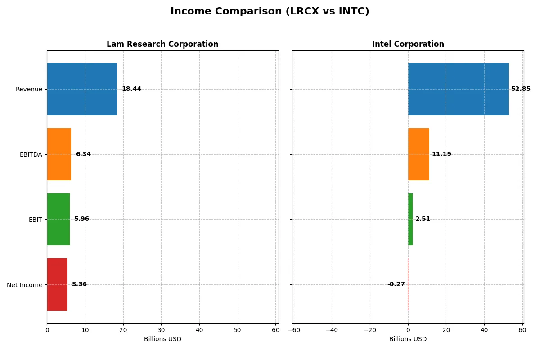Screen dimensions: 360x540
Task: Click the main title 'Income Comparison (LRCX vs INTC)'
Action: (x=270, y=12)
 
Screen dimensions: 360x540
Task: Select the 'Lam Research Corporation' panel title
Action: (x=162, y=44)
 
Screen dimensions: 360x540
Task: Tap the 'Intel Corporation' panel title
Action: (x=408, y=44)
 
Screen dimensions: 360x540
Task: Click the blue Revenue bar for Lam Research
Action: (x=82, y=89)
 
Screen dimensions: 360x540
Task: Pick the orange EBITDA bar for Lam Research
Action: (x=59, y=154)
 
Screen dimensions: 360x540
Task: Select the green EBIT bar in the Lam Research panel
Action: (x=58, y=219)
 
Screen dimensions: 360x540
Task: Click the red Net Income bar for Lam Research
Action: (x=57, y=284)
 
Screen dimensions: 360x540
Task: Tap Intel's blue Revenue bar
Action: (x=458, y=89)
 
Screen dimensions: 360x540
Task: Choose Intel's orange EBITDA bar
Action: (x=418, y=154)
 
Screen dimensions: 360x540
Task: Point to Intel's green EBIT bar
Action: (x=410, y=219)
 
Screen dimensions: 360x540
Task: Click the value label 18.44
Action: (x=131, y=89)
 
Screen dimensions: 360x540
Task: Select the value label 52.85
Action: (x=521, y=89)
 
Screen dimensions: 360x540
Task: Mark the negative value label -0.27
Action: (x=396, y=284)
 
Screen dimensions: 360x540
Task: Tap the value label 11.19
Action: (x=441, y=154)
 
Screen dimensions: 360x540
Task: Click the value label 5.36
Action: (x=80, y=284)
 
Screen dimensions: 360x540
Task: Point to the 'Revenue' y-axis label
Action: (x=29, y=89)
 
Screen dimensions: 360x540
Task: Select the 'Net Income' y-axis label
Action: (x=25, y=285)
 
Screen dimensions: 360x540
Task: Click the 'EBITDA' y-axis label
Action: (x=31, y=154)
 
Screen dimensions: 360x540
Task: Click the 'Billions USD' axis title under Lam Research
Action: (x=162, y=339)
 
